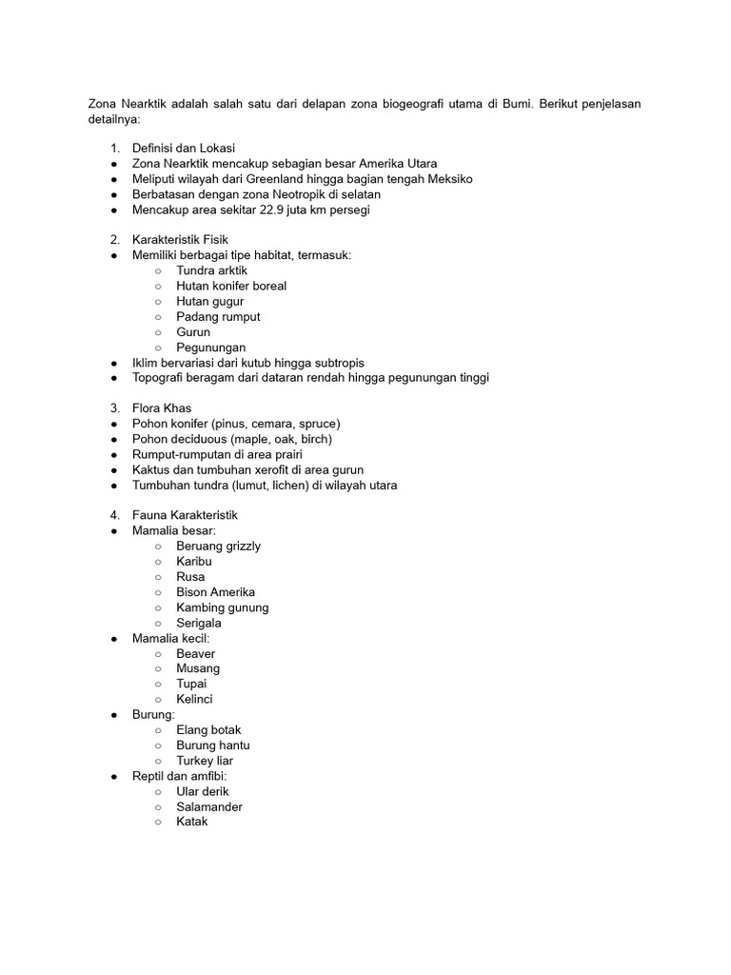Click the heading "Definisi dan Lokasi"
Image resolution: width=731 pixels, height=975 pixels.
[184, 149]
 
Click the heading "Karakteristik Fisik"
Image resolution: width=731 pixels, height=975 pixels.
[180, 240]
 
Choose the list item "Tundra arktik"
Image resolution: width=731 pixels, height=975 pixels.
[211, 270]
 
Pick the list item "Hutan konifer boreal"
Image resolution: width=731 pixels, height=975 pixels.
[231, 286]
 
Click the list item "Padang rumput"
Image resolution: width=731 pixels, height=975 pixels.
[218, 317]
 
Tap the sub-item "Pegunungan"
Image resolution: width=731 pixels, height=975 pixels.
[210, 348]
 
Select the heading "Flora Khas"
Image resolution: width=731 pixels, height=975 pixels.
[162, 408]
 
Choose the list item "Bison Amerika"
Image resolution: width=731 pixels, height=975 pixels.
[215, 592]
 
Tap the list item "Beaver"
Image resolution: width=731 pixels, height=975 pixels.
[196, 654]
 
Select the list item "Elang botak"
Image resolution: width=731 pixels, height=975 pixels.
[208, 730]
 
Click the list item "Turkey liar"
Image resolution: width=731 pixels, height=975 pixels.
[205, 761]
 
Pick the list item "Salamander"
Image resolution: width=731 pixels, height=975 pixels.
[209, 806]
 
